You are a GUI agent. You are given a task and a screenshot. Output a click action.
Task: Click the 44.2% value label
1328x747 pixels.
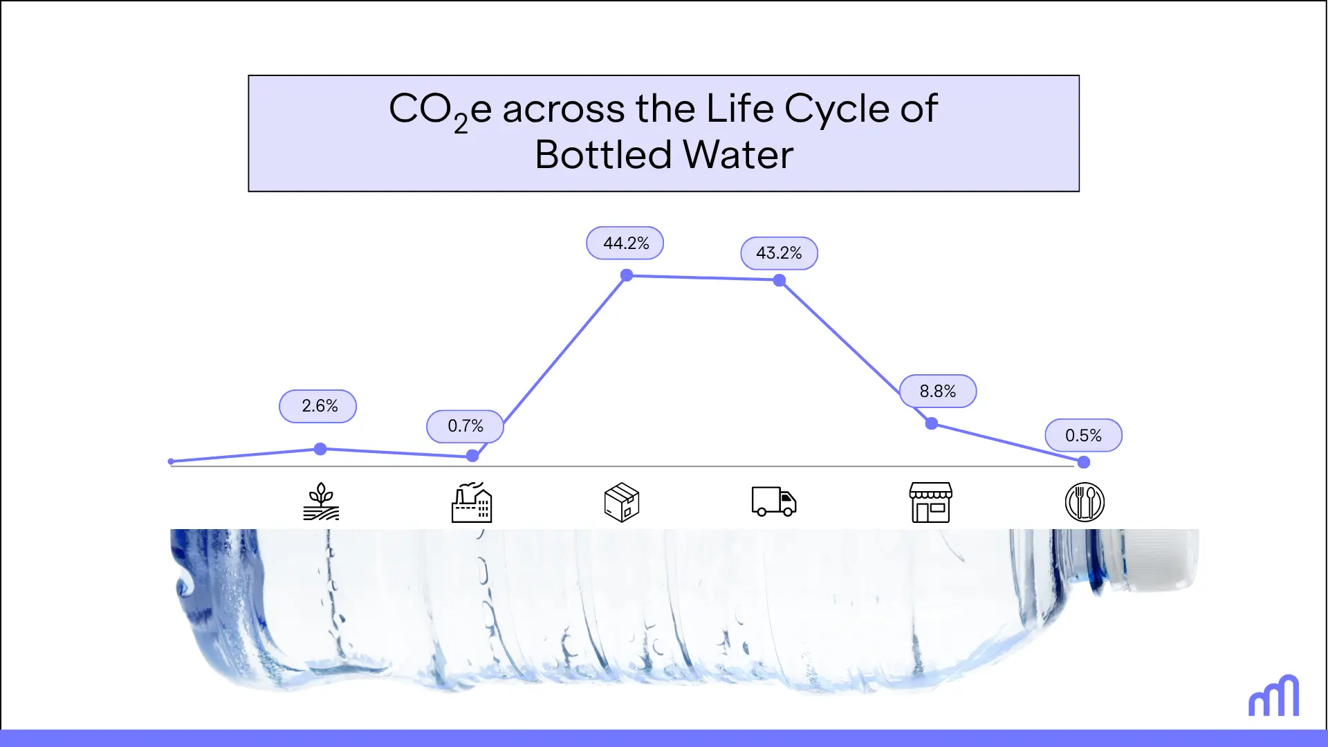click(625, 243)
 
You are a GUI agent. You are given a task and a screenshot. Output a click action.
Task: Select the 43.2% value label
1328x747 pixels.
click(779, 253)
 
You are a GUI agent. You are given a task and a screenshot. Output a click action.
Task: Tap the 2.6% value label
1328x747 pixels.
click(318, 406)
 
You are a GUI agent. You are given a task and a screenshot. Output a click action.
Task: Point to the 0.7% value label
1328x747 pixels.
click(465, 426)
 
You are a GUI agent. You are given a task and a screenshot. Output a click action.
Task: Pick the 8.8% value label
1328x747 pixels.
click(938, 391)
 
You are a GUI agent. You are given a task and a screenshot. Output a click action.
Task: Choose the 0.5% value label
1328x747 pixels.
click(1083, 436)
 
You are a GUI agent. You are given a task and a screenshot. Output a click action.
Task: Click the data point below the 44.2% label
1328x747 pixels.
click(627, 275)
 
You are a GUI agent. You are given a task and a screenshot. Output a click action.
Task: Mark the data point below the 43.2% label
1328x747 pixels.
click(780, 280)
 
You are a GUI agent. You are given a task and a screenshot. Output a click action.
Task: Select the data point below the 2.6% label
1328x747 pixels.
click(320, 449)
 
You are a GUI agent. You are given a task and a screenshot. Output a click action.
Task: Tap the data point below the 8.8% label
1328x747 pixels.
click(932, 423)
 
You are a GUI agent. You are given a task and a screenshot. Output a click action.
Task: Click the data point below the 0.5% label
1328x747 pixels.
click(1084, 462)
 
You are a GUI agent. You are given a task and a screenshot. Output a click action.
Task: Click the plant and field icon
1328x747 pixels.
click(321, 502)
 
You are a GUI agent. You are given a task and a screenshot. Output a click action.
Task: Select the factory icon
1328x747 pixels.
click(472, 502)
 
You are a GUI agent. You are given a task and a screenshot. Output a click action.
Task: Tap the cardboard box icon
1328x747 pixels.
click(622, 502)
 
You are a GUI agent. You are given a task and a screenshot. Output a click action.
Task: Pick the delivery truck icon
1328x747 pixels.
click(774, 501)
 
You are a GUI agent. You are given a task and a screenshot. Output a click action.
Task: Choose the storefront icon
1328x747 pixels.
click(930, 502)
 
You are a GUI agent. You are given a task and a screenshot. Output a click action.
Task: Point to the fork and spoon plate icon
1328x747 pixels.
click(1085, 502)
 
